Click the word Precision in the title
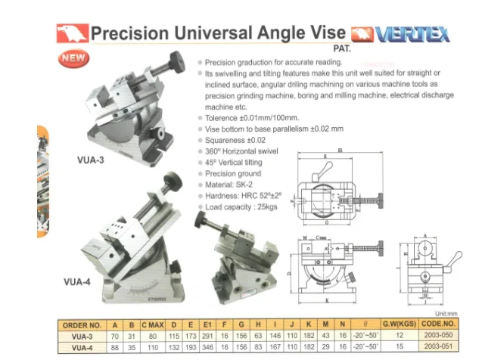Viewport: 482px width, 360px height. [123, 33]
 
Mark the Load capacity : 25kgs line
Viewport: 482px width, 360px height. [243, 206]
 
